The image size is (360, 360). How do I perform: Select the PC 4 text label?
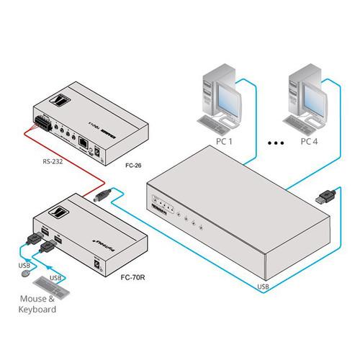coord(310,141)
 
